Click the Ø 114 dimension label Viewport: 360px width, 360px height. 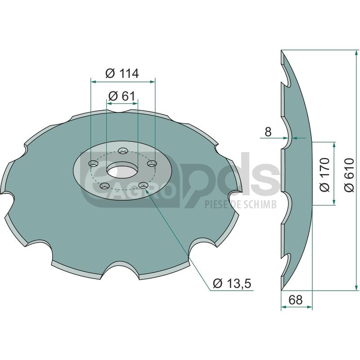122,73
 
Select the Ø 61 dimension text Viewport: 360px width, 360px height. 121,96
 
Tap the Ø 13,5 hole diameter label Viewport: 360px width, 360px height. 232,283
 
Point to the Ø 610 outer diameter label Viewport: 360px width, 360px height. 350,175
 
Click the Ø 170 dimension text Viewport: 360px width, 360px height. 324,175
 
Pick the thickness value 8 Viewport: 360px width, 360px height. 268,132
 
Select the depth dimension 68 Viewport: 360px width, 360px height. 296,300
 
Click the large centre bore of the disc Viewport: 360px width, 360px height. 122,171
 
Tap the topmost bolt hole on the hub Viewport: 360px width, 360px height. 123,151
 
